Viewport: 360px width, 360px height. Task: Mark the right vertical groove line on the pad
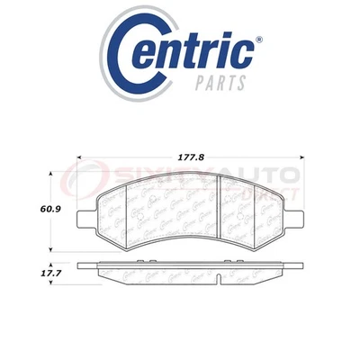[x=223, y=205]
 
